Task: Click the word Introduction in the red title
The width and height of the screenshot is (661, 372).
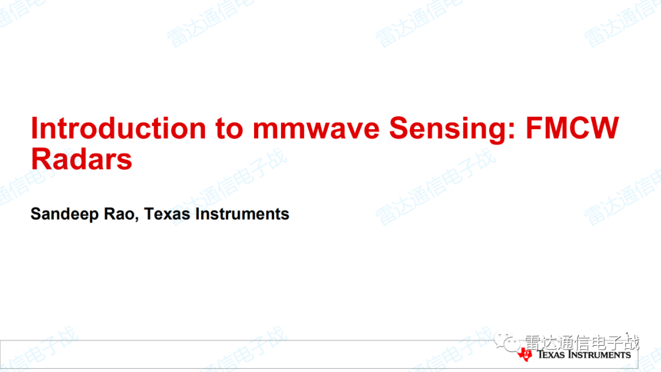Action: (119, 128)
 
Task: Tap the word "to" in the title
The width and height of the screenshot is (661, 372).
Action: (230, 128)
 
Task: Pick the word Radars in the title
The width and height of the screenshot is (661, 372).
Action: (82, 159)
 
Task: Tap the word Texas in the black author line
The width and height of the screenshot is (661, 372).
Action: (167, 214)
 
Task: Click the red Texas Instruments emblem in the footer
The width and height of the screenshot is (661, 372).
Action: (525, 354)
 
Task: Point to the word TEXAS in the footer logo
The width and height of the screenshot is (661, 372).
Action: (551, 354)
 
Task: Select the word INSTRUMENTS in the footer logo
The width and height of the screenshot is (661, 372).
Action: (599, 354)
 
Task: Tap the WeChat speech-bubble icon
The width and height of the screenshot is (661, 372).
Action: (507, 341)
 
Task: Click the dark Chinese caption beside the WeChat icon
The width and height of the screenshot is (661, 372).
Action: (582, 343)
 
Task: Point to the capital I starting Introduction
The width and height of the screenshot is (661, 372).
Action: (34, 128)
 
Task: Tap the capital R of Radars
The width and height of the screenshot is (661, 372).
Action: (42, 159)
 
